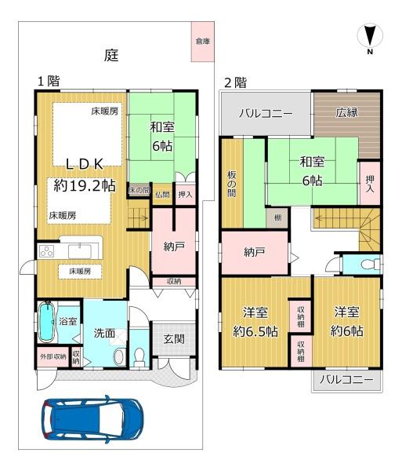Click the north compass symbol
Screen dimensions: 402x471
tap(370, 37)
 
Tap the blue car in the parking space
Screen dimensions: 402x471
tap(92, 419)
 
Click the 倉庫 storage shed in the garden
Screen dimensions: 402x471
tap(203, 42)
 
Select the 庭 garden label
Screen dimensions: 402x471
tap(111, 55)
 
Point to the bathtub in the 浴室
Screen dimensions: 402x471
tap(47, 321)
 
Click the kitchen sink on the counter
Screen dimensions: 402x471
tap(80, 251)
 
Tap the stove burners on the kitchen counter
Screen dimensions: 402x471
tap(47, 251)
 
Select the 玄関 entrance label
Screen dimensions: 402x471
tap(174, 339)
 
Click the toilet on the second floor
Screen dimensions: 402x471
tap(369, 265)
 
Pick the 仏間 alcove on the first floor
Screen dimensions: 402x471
tap(162, 195)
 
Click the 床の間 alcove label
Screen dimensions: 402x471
tap(139, 190)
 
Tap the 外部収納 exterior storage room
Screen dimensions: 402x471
tap(53, 357)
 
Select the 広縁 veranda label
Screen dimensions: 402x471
tap(346, 112)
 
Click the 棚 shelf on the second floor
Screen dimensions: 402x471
tap(277, 217)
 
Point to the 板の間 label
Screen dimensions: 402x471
tap(231, 184)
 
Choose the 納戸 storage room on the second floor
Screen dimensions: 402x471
tap(255, 252)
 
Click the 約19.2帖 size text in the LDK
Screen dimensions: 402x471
tap(85, 185)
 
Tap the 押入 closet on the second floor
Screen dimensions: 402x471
tap(370, 183)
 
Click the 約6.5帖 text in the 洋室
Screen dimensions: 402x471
tap(255, 331)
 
